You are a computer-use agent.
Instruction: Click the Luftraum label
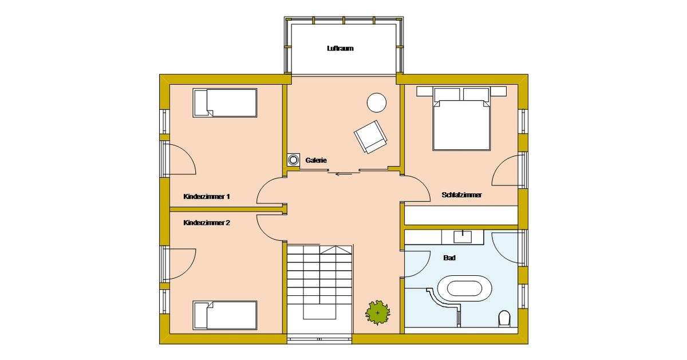(340, 49)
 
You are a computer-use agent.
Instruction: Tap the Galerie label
(316, 160)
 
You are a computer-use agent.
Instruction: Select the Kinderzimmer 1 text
(207, 196)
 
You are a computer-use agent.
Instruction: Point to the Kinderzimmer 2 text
(207, 223)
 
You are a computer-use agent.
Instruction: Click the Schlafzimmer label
(461, 195)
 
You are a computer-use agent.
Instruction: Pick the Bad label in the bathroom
(449, 258)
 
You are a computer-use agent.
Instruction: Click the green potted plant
(377, 312)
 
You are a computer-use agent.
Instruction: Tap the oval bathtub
(464, 288)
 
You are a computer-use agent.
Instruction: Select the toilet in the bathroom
(504, 319)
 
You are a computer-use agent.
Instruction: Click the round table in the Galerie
(376, 102)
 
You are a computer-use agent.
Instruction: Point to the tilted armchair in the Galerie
(370, 136)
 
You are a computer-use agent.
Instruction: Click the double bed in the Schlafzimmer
(461, 118)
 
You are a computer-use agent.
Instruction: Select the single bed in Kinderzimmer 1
(225, 103)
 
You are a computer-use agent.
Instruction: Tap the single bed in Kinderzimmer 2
(225, 315)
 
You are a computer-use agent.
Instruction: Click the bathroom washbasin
(463, 236)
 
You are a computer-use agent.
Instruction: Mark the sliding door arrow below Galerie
(344, 175)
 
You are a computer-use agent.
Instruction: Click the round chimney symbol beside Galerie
(293, 160)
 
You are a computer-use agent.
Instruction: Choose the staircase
(319, 290)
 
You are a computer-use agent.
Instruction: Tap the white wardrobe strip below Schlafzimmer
(461, 215)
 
